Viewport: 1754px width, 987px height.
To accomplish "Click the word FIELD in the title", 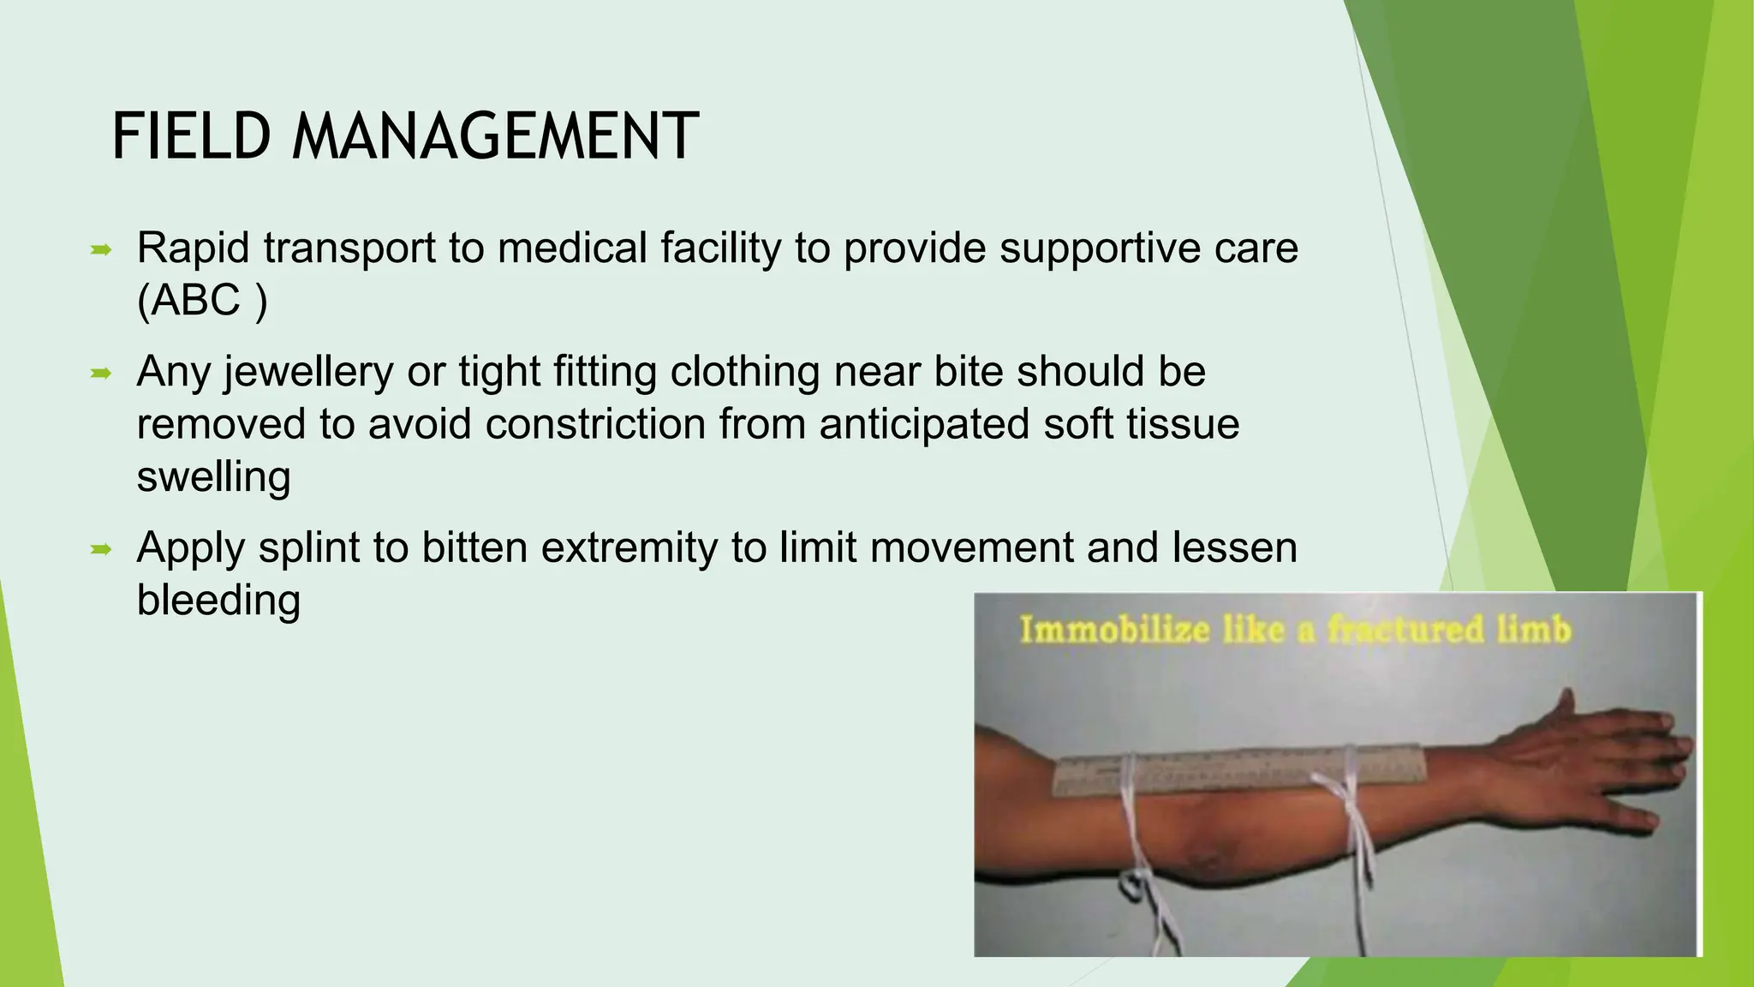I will tap(192, 137).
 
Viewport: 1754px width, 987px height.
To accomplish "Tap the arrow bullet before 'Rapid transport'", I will tap(101, 250).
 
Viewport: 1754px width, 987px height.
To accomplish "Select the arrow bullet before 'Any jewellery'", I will tap(101, 374).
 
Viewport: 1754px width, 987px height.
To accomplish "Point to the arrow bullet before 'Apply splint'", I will tap(101, 549).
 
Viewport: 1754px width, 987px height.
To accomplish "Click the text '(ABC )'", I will tap(202, 301).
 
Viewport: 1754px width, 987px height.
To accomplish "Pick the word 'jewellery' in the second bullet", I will tap(308, 373).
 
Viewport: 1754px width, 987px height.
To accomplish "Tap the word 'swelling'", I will tap(213, 476).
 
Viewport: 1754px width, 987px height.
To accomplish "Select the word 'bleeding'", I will tap(218, 600).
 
